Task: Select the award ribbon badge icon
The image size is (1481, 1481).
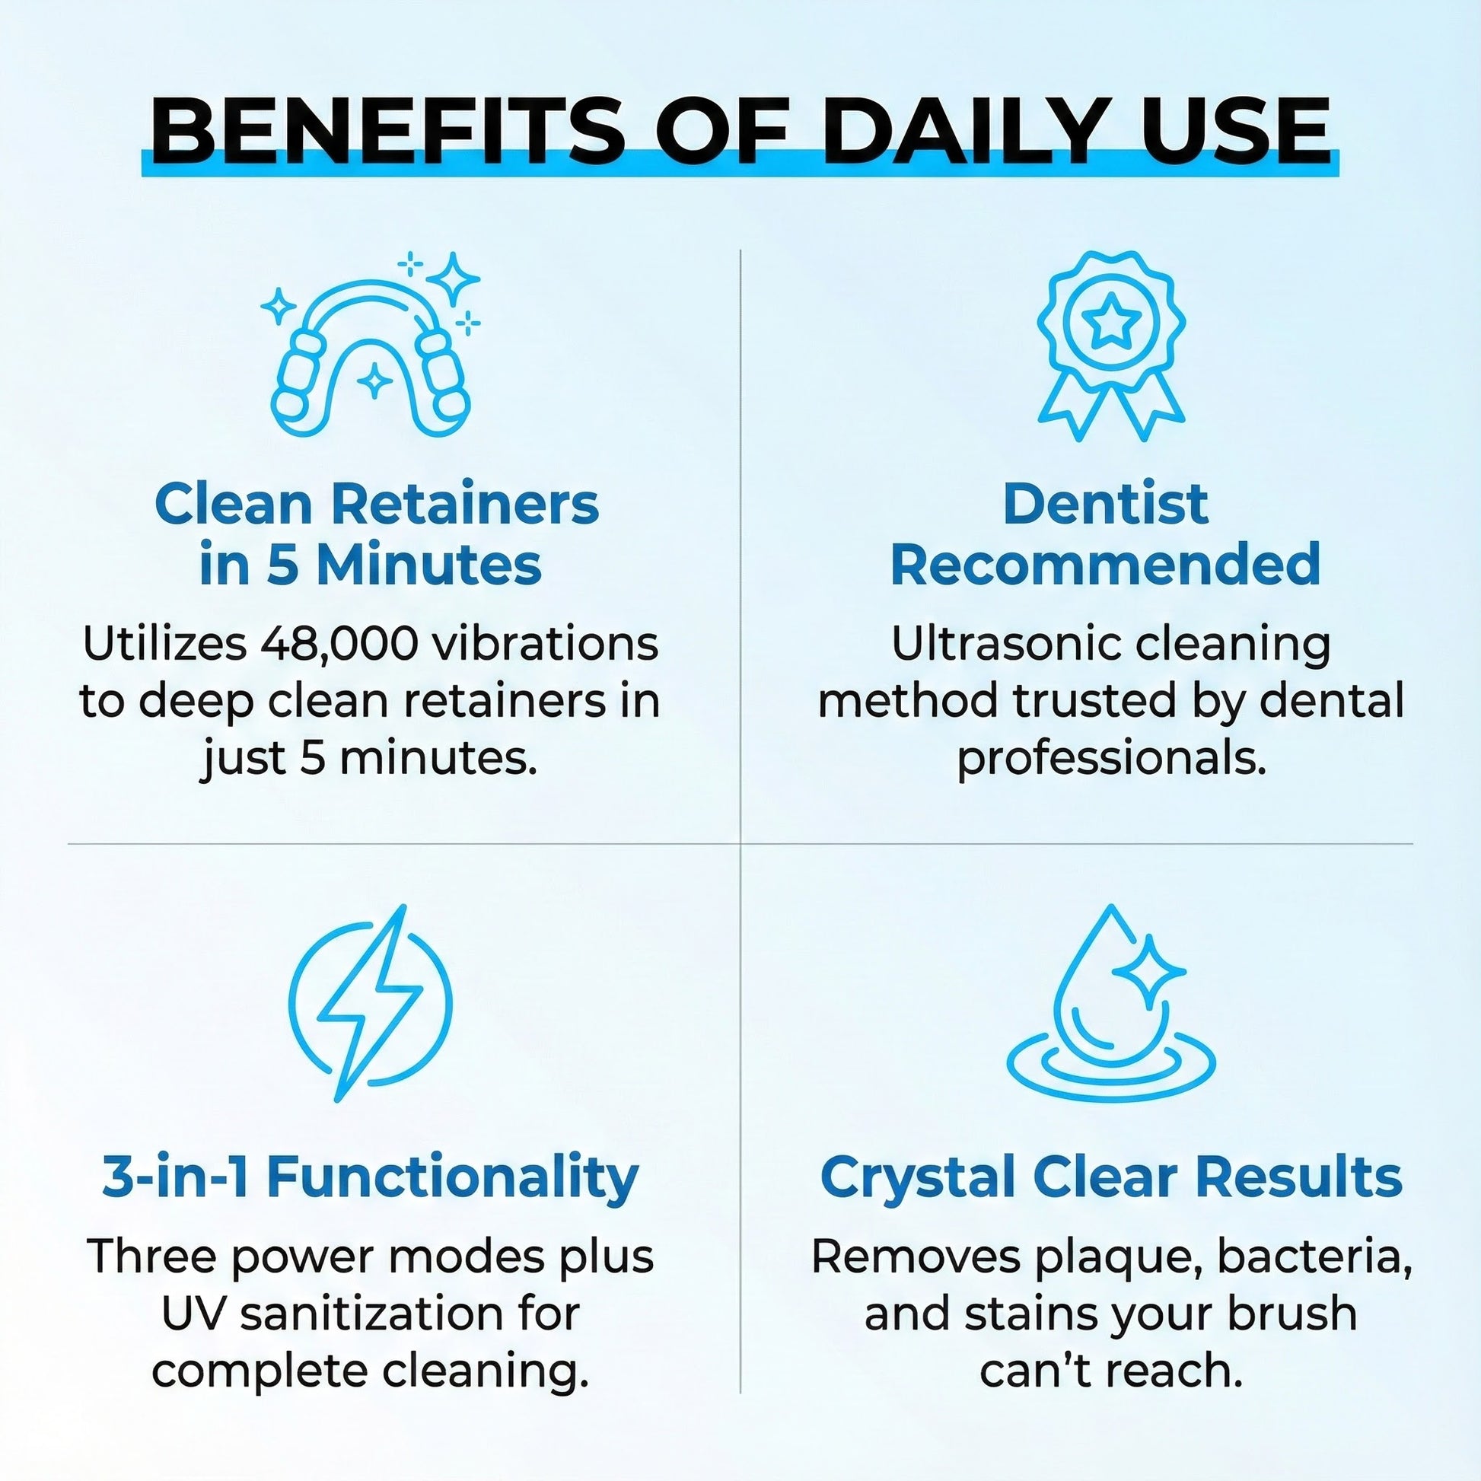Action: coord(1111,346)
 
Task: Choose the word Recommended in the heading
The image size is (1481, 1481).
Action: coord(1105,565)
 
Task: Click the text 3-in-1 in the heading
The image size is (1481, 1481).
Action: coord(175,1177)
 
